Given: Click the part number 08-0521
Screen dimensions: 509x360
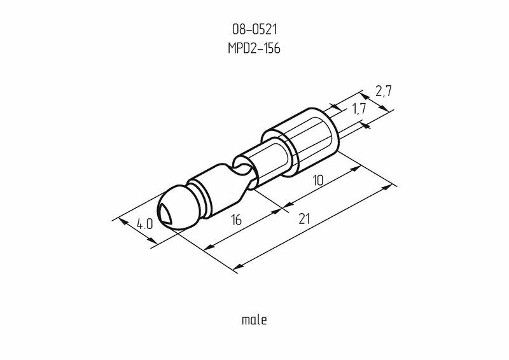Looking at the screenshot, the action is (254, 29).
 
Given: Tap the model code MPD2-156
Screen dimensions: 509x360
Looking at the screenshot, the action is (254, 48).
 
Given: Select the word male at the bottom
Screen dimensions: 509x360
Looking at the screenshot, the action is (254, 320).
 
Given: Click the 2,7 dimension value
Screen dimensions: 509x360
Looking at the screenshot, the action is (383, 92).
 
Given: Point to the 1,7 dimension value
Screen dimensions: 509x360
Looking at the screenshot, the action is (359, 109).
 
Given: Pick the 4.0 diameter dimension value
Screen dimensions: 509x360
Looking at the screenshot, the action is (144, 224).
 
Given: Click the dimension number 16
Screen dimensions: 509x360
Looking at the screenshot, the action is (237, 220).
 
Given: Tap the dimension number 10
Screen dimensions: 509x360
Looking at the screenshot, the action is (318, 180).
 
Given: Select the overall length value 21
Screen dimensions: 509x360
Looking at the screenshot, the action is (304, 219).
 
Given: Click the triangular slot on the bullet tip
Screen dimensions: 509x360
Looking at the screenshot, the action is (165, 213).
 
